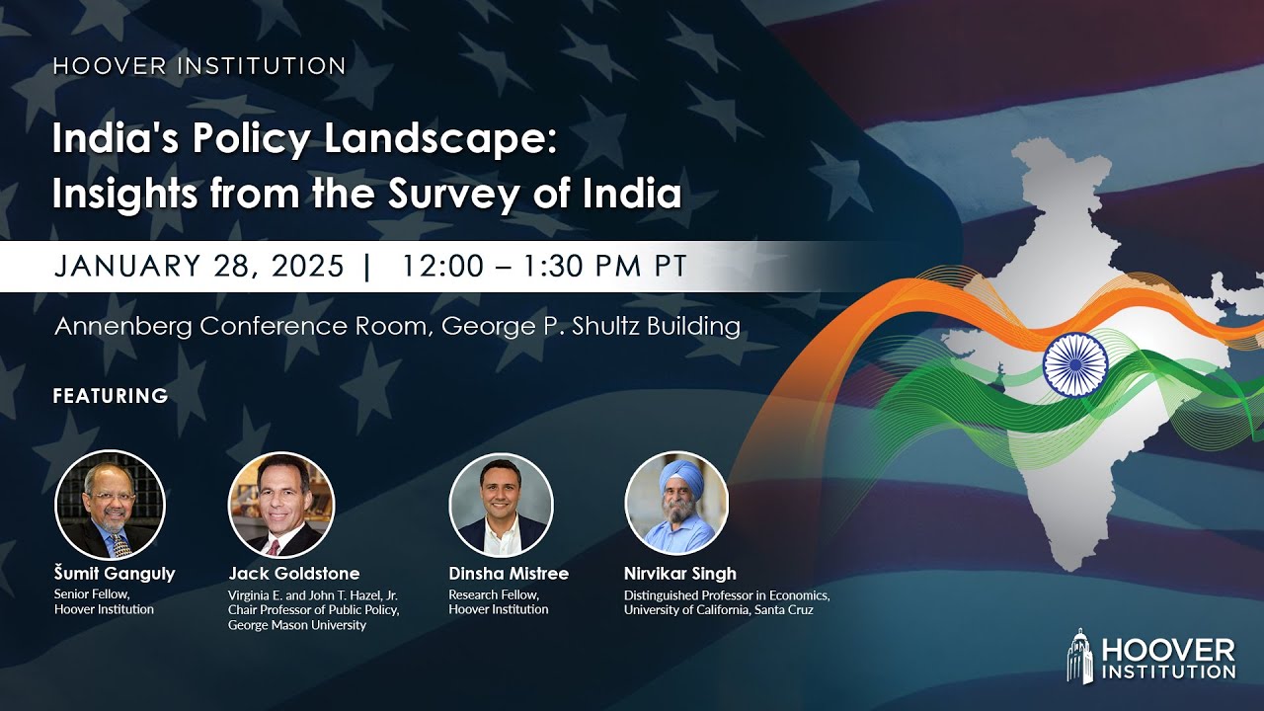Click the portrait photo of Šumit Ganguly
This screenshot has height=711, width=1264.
pyautogui.click(x=110, y=505)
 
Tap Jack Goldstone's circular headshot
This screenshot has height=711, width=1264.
pyautogui.click(x=281, y=505)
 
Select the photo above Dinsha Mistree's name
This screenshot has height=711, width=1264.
pyautogui.click(x=501, y=505)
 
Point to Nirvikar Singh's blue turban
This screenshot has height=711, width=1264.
pyautogui.click(x=679, y=478)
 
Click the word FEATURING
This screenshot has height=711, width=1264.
pyautogui.click(x=111, y=396)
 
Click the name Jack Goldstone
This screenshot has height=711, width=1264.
pyautogui.click(x=294, y=574)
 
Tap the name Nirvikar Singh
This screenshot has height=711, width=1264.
pyautogui.click(x=680, y=574)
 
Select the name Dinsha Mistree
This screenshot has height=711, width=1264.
pyautogui.click(x=509, y=574)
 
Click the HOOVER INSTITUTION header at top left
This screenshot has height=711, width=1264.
pyautogui.click(x=199, y=67)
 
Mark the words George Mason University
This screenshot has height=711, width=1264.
pyautogui.click(x=297, y=625)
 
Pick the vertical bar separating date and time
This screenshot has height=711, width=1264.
pyautogui.click(x=368, y=267)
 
